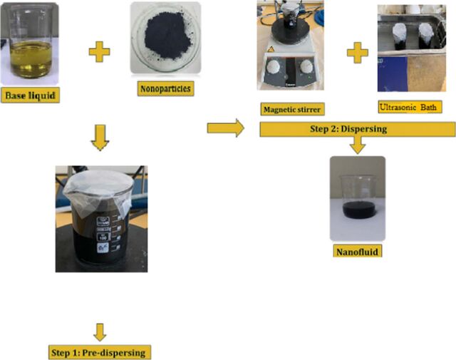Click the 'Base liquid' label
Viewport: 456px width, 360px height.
coord(30,95)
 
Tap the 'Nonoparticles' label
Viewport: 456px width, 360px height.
coord(165,88)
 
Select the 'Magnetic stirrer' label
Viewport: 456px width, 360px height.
coord(292,110)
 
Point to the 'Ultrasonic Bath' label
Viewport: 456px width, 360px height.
coord(410,107)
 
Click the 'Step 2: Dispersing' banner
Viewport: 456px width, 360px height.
coord(358,129)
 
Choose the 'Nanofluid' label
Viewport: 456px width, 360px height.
coord(358,251)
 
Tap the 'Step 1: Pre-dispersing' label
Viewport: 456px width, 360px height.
coord(100,352)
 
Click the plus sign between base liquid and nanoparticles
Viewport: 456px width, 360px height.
coord(100,52)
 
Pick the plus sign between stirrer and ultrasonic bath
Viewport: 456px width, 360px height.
coord(358,53)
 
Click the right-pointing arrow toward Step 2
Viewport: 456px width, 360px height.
coord(225,128)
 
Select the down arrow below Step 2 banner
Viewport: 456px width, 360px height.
coord(358,145)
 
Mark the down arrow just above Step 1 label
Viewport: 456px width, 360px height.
coord(100,332)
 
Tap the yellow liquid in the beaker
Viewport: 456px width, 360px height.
coord(30,59)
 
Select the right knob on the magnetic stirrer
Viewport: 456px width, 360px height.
coord(307,67)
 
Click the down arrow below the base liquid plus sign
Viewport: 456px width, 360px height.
coord(100,138)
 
